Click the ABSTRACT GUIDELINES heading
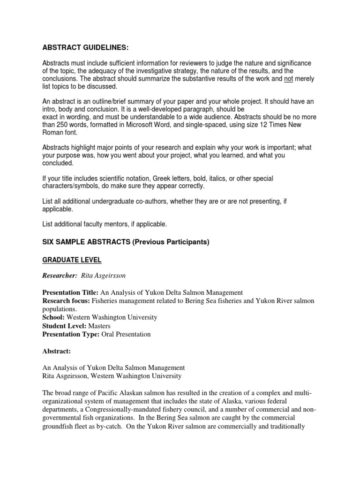coord(85,48)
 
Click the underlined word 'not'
coord(288,79)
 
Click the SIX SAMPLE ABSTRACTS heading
coord(126,242)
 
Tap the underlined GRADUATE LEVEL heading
coord(72,260)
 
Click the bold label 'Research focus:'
coord(66,300)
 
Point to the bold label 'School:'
coord(53,317)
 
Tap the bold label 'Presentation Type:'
coord(70,334)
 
